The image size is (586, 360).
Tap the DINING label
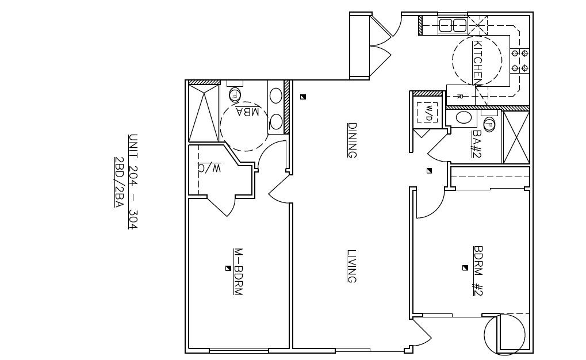[353, 140]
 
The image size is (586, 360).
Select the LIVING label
[353, 266]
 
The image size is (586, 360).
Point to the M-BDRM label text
[238, 272]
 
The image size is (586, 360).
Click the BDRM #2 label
[477, 271]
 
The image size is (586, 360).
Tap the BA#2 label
[476, 144]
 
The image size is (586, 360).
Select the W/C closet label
[210, 168]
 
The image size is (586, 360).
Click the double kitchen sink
[453, 25]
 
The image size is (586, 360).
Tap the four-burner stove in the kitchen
[520, 61]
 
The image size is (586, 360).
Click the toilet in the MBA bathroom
[235, 94]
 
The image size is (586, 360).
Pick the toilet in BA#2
[489, 123]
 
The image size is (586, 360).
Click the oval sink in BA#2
[464, 118]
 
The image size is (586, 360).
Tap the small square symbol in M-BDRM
[228, 268]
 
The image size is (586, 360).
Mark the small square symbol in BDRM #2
[465, 267]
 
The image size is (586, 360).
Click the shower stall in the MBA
[204, 113]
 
